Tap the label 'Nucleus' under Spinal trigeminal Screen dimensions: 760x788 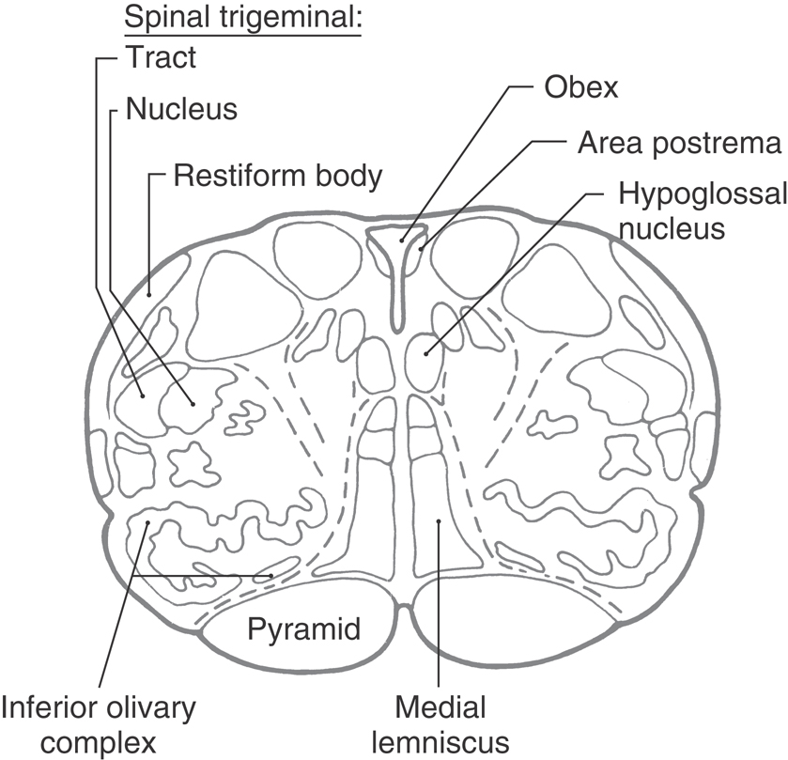tap(180, 110)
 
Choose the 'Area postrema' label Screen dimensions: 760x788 tap(680, 144)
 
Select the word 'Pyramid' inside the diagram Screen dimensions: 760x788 tap(304, 627)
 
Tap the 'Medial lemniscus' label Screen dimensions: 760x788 tap(440, 719)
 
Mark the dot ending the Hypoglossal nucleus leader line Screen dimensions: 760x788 tap(425, 353)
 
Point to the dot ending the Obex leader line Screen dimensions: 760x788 tap(401, 240)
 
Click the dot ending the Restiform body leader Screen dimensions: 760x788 tap(148, 294)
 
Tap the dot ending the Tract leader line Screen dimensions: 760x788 tap(142, 396)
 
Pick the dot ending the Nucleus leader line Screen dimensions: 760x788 tap(193, 403)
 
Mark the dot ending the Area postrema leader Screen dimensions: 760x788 tap(422, 249)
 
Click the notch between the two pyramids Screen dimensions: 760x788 tap(403, 611)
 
